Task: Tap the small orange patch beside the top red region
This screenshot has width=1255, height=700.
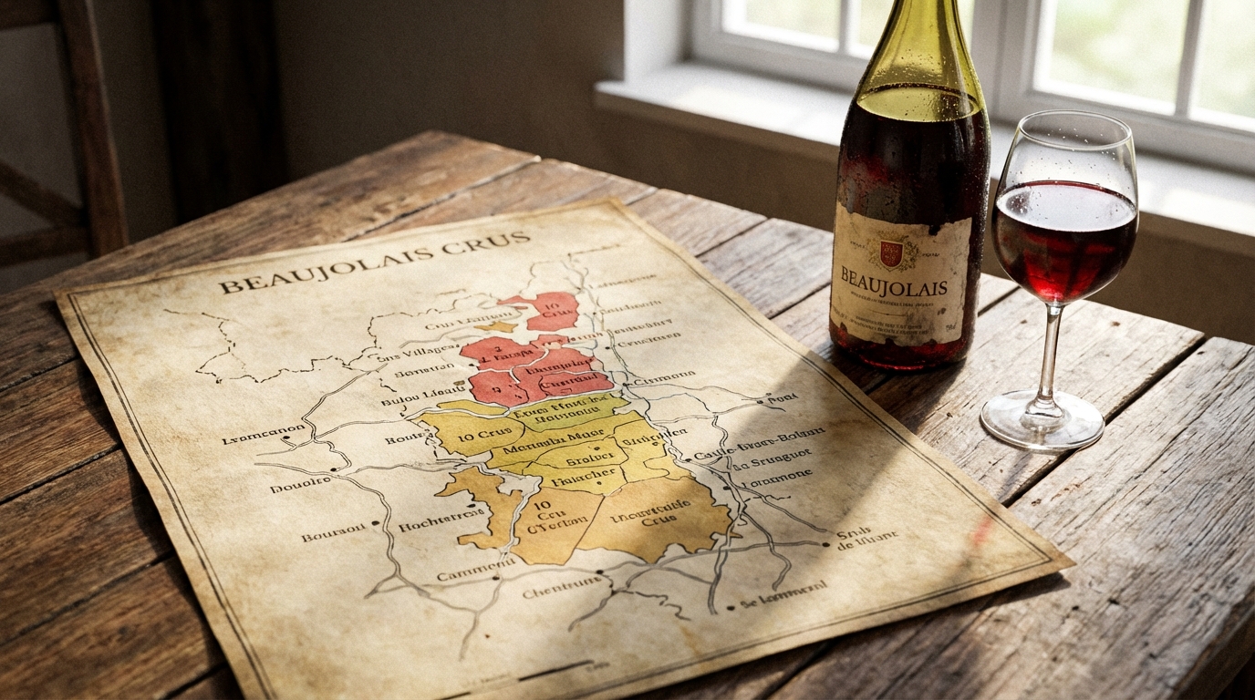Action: coord(498,325)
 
